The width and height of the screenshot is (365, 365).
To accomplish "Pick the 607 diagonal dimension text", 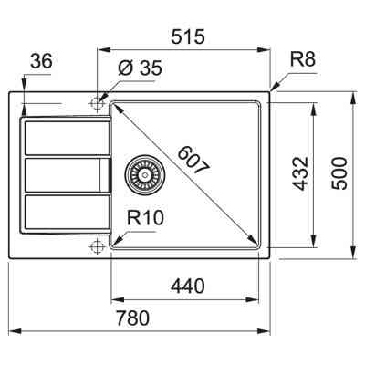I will pyautogui.click(x=193, y=162).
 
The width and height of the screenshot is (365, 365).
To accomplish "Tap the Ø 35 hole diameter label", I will pyautogui.click(x=139, y=67).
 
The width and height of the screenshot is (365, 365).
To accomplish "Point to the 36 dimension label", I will pyautogui.click(x=41, y=61).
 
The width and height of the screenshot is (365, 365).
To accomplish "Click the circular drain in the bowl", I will pyautogui.click(x=141, y=171).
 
